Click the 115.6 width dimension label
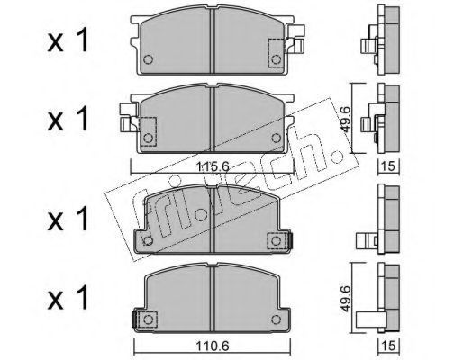point(213,166)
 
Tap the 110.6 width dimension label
point(213,346)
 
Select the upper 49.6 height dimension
point(345,120)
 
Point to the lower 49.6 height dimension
point(345,299)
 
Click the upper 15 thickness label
point(389,166)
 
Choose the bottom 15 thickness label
point(389,346)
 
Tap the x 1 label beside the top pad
point(68,40)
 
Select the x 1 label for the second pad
point(68,118)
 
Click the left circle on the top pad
point(148,59)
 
